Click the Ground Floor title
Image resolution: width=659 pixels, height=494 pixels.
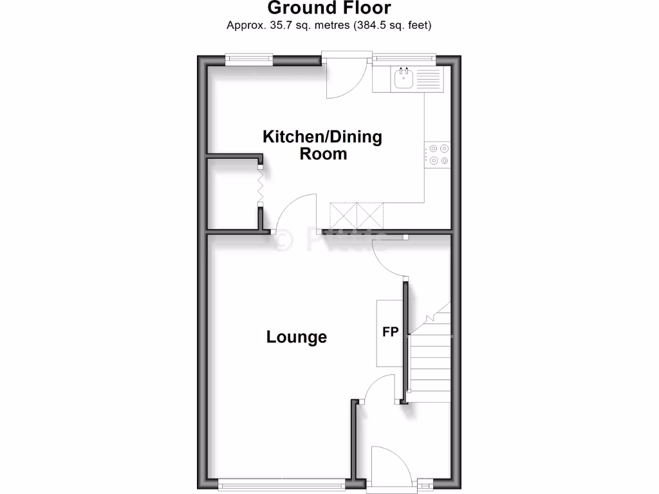(x=329, y=9)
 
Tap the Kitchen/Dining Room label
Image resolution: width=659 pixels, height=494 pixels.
(x=322, y=145)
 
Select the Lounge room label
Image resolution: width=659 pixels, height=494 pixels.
(x=297, y=336)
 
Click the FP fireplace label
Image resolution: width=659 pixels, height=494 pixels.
(x=390, y=333)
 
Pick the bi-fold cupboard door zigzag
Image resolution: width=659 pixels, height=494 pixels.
(x=261, y=187)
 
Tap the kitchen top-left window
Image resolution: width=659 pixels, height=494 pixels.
(x=249, y=60)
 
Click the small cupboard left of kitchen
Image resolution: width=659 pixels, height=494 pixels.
(x=232, y=193)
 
